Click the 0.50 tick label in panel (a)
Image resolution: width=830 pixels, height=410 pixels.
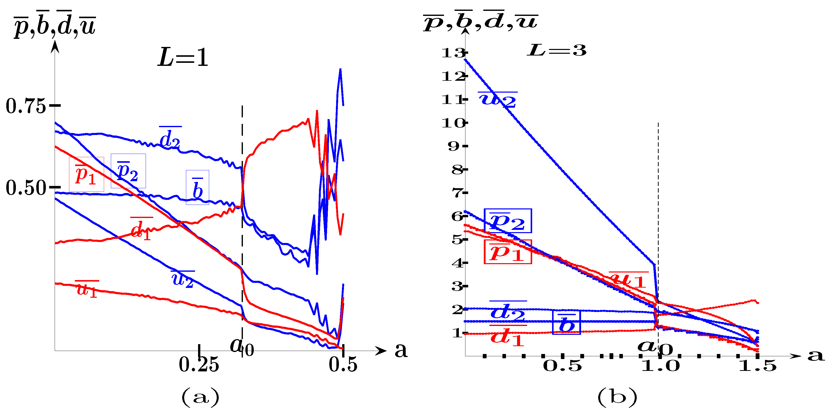tap(26, 188)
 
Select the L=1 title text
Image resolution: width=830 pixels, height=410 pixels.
tap(183, 58)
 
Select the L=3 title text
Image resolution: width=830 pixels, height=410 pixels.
tap(556, 50)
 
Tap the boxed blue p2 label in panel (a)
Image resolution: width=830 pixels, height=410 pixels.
tap(128, 171)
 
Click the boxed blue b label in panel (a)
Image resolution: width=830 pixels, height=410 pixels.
tap(198, 188)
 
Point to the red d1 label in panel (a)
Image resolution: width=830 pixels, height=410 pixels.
tap(141, 229)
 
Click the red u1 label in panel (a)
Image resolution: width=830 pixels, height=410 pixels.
tap(87, 289)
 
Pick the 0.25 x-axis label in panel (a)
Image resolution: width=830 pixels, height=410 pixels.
tap(199, 365)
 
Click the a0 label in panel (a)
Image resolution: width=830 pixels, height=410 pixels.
tap(242, 347)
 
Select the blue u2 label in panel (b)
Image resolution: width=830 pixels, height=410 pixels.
tap(498, 100)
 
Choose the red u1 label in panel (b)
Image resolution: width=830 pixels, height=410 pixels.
tap(628, 279)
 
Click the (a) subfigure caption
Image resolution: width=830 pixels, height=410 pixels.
tap(200, 397)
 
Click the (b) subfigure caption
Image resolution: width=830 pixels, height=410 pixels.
tap(617, 397)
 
